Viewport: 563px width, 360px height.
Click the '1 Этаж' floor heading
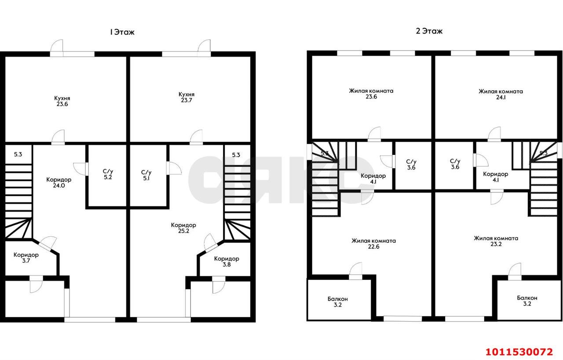tap(122, 32)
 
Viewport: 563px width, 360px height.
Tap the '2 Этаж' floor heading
tap(429, 31)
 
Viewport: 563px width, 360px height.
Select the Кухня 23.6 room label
tap(62, 101)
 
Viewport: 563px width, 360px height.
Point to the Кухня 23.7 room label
tap(186, 97)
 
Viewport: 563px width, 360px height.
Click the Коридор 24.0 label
tap(59, 183)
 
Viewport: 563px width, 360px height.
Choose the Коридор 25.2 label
tap(183, 228)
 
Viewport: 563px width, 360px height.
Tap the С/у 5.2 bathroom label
tap(108, 174)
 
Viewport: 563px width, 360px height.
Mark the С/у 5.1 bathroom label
tap(146, 175)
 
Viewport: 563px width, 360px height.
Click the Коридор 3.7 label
tap(26, 258)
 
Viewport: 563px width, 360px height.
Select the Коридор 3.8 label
tap(227, 261)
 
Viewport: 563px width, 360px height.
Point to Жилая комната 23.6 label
tap(371, 93)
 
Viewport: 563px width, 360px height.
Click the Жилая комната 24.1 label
tap(501, 94)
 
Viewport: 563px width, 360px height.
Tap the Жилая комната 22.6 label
tap(373, 244)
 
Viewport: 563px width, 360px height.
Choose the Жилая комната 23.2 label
tap(496, 241)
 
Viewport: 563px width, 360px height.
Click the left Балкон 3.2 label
tap(337, 301)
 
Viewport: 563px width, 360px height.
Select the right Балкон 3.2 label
tap(527, 301)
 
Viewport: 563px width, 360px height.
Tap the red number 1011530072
tap(519, 352)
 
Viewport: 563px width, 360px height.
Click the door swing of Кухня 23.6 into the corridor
tap(58, 137)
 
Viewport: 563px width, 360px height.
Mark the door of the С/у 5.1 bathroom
tap(174, 168)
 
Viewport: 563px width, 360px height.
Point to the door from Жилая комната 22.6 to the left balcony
tap(356, 271)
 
